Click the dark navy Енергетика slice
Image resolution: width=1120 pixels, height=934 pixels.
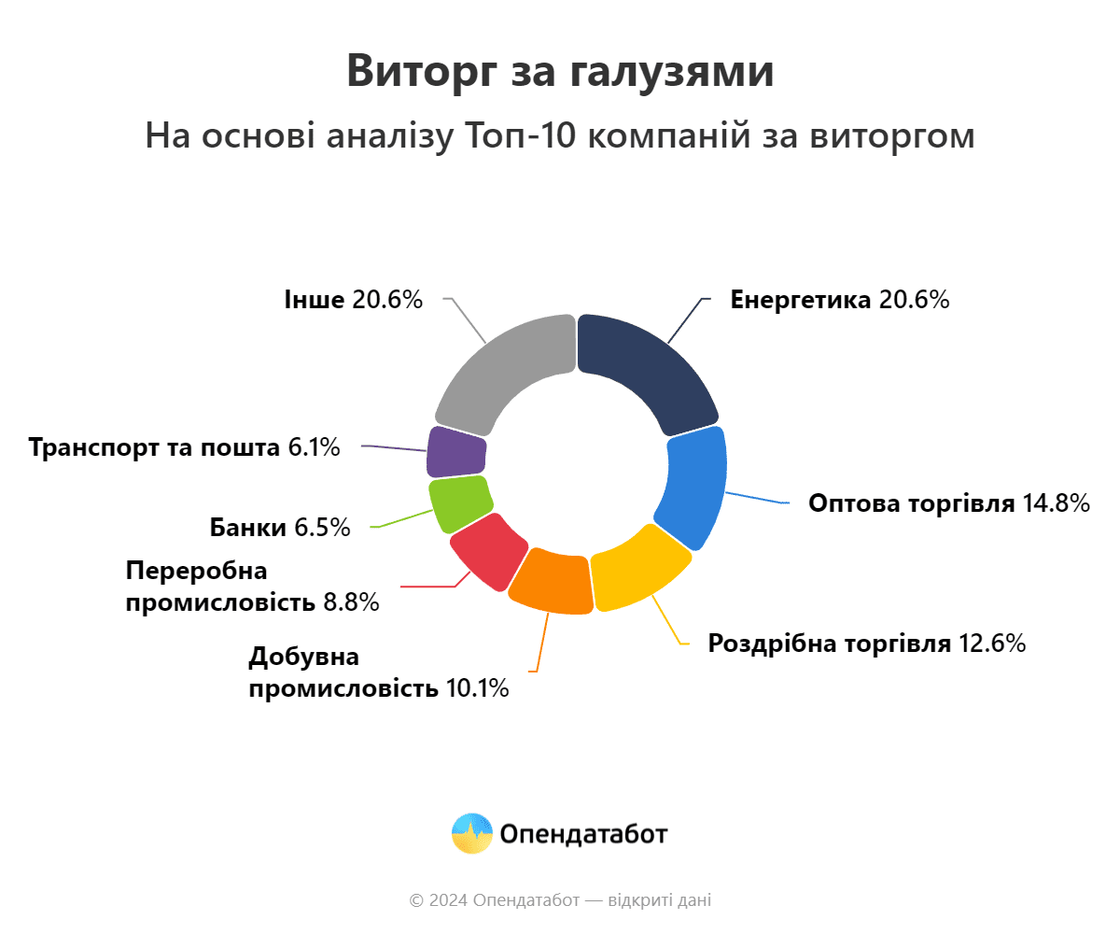coord(644,369)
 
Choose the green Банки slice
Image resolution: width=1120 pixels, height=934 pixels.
coord(460,502)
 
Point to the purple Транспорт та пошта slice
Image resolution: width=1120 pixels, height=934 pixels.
coord(456,452)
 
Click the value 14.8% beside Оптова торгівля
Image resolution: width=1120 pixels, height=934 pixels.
coord(1057,503)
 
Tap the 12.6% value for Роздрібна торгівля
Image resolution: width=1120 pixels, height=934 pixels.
coord(993,644)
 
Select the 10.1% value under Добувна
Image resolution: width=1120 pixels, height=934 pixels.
coord(477,689)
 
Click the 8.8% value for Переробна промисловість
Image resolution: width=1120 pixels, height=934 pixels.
coord(352,602)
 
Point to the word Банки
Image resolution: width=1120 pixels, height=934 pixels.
coord(247,528)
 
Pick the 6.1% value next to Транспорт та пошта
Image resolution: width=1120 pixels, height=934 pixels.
coord(314,447)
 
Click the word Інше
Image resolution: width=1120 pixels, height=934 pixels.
coord(315,300)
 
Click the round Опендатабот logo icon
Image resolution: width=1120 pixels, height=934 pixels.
coord(471,833)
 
